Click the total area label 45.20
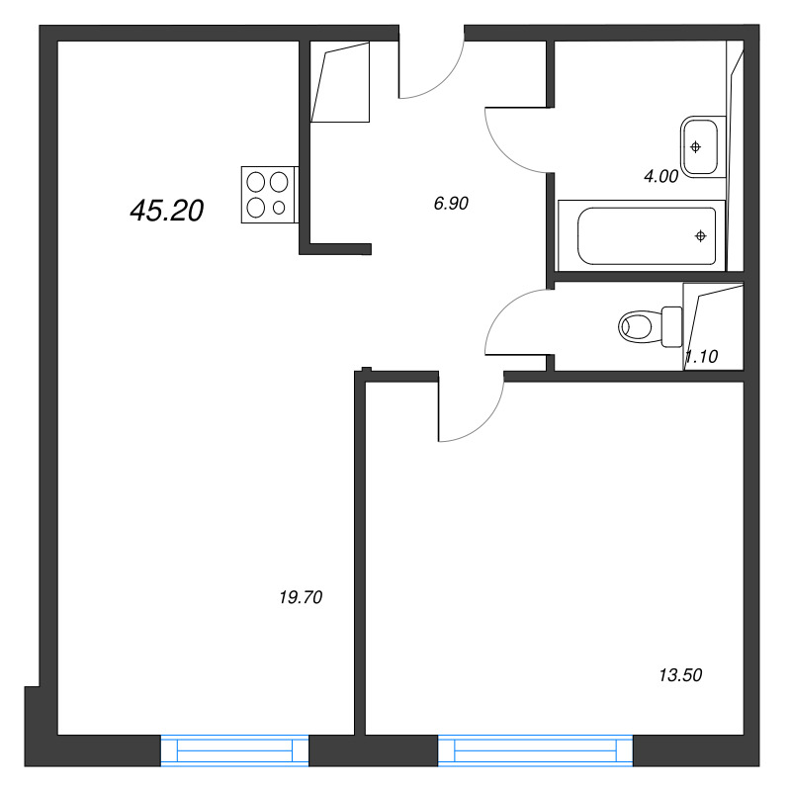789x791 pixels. tap(166, 210)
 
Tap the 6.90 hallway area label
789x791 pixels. tap(450, 204)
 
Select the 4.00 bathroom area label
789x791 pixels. tap(660, 177)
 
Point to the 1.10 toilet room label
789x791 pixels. tap(701, 357)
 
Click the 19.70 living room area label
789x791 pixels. tap(302, 596)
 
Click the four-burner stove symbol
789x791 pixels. tap(268, 194)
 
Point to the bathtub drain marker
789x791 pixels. tap(700, 235)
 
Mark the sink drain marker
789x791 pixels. tap(696, 146)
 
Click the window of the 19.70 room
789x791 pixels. tap(235, 751)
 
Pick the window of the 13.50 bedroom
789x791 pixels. tap(535, 751)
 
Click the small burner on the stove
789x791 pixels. tap(280, 207)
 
